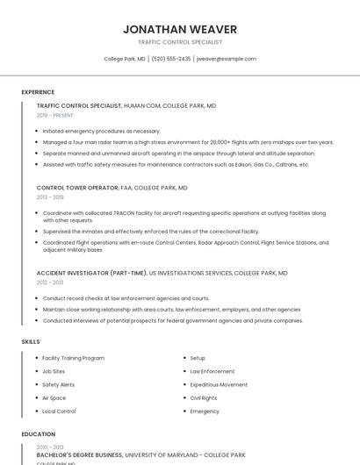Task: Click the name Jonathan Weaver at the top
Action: pos(180,29)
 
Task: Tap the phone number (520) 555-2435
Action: pos(170,59)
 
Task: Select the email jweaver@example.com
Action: pos(227,59)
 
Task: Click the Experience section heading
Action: pos(38,92)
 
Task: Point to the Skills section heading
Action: pos(31,340)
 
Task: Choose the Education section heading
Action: pos(39,434)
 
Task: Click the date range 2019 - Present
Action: pos(54,115)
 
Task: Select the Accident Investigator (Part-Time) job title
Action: pos(91,273)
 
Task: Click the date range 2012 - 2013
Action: pos(50,283)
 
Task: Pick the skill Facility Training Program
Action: pos(73,358)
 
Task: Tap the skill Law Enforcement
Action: pos(212,371)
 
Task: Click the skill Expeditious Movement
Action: pos(219,384)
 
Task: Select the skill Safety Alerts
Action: pos(58,384)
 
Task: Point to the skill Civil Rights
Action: pos(203,397)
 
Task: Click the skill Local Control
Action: pos(59,411)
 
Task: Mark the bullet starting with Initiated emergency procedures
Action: pos(101,131)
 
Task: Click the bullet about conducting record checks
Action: pos(126,298)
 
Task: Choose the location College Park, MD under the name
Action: pos(125,59)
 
